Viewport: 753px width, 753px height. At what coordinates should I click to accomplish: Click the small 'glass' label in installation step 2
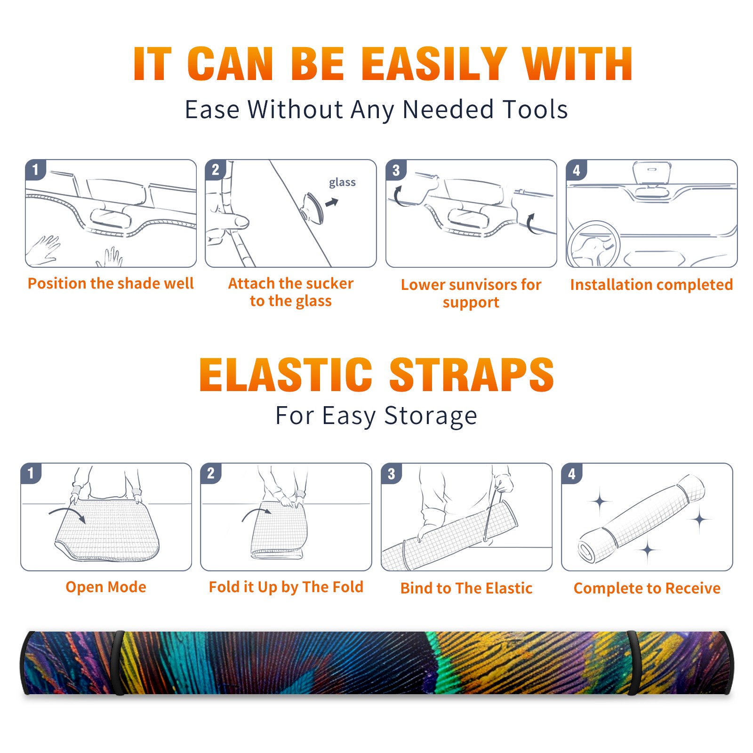pyautogui.click(x=342, y=183)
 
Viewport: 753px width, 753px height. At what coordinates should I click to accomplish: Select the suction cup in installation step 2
pyautogui.click(x=313, y=208)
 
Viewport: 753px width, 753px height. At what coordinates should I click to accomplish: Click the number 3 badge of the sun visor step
pyautogui.click(x=396, y=170)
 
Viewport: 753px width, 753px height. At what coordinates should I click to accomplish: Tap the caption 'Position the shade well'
pyautogui.click(x=111, y=283)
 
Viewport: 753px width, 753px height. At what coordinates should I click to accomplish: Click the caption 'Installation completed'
pyautogui.click(x=651, y=285)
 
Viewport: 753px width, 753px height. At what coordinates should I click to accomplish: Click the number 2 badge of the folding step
pyautogui.click(x=210, y=473)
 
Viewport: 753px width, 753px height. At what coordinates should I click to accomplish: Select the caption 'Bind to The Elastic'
pyautogui.click(x=466, y=588)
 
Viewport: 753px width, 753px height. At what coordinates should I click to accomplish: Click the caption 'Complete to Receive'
pyautogui.click(x=647, y=588)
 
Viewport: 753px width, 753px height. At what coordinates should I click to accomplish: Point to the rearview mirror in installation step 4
pyautogui.click(x=652, y=173)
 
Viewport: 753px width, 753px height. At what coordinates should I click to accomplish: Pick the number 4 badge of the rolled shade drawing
pyautogui.click(x=572, y=473)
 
